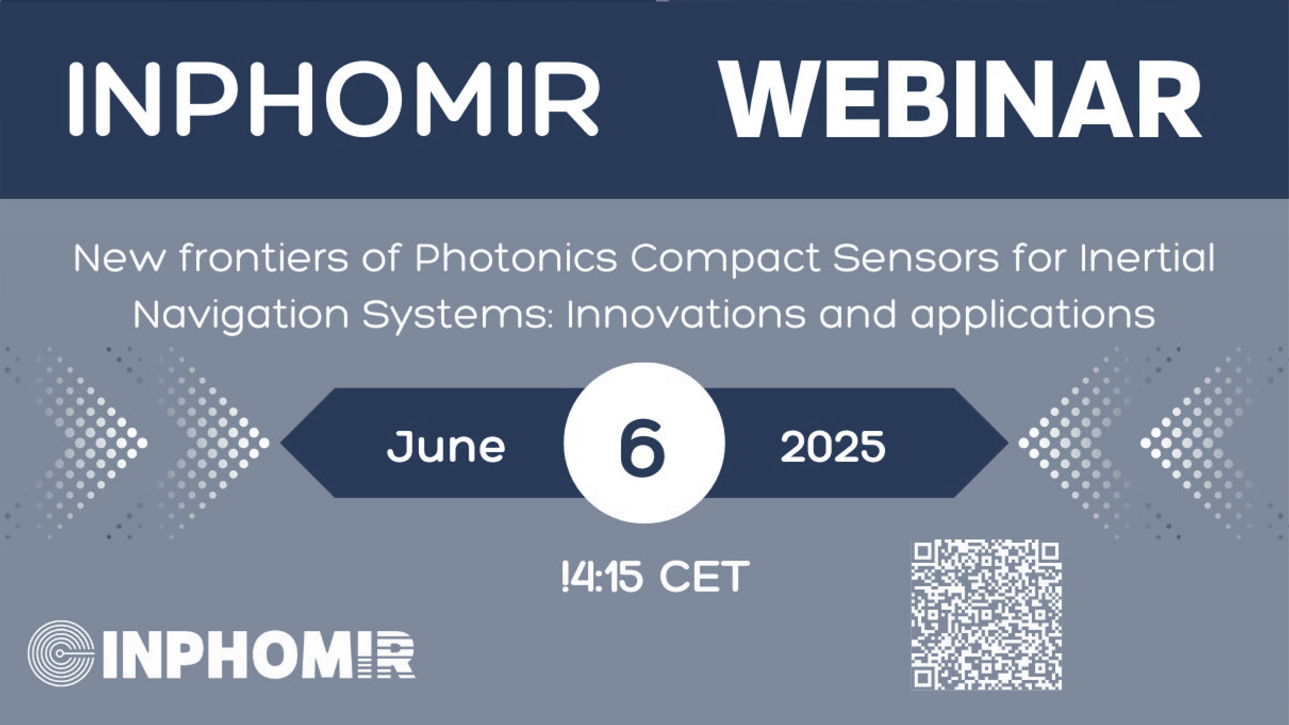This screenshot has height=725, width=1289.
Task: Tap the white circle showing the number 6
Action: click(644, 443)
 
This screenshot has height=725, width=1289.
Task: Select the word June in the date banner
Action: click(446, 446)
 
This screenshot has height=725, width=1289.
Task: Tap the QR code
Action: click(986, 615)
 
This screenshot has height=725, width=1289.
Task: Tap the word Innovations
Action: click(686, 314)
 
